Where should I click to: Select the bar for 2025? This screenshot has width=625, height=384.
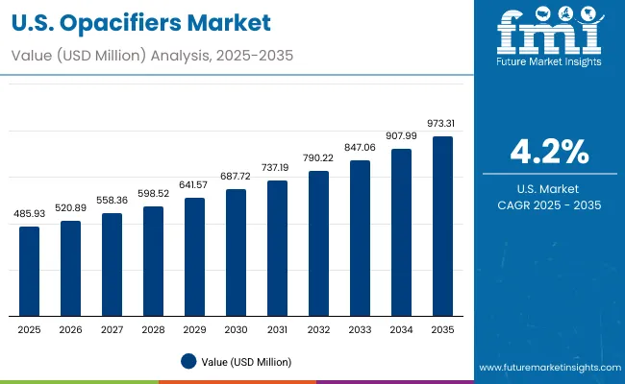point(30,272)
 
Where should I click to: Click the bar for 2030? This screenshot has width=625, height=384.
point(236,252)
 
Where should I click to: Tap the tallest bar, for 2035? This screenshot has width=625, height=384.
point(442,227)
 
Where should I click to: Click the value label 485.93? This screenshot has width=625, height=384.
point(30,213)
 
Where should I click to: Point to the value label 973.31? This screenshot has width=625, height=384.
point(442,123)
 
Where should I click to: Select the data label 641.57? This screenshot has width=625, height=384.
point(194,184)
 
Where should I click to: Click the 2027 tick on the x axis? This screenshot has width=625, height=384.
point(112,329)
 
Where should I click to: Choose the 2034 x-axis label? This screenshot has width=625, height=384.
point(401,329)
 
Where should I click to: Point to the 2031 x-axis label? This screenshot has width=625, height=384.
point(277,329)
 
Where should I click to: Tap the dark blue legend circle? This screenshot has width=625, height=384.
point(187,361)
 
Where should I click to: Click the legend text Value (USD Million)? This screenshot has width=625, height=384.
point(246,361)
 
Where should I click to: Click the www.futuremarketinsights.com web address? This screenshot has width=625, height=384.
point(548,369)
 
